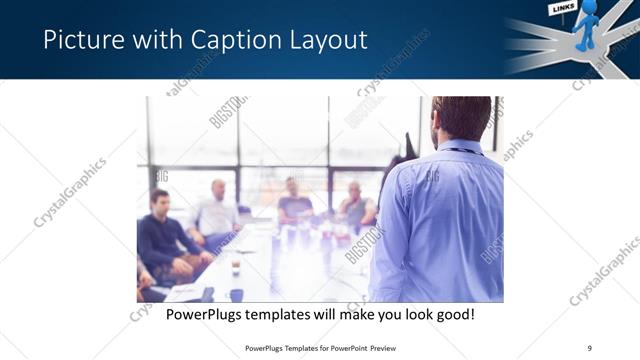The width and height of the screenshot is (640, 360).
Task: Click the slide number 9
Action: click(x=589, y=347)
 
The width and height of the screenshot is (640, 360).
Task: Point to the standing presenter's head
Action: click(x=462, y=118)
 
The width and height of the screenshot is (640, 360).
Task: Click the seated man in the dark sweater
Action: click(x=164, y=235)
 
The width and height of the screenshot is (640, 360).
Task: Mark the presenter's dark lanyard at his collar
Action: click(x=457, y=151)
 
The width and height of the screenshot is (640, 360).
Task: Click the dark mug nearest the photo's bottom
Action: click(x=237, y=294)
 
